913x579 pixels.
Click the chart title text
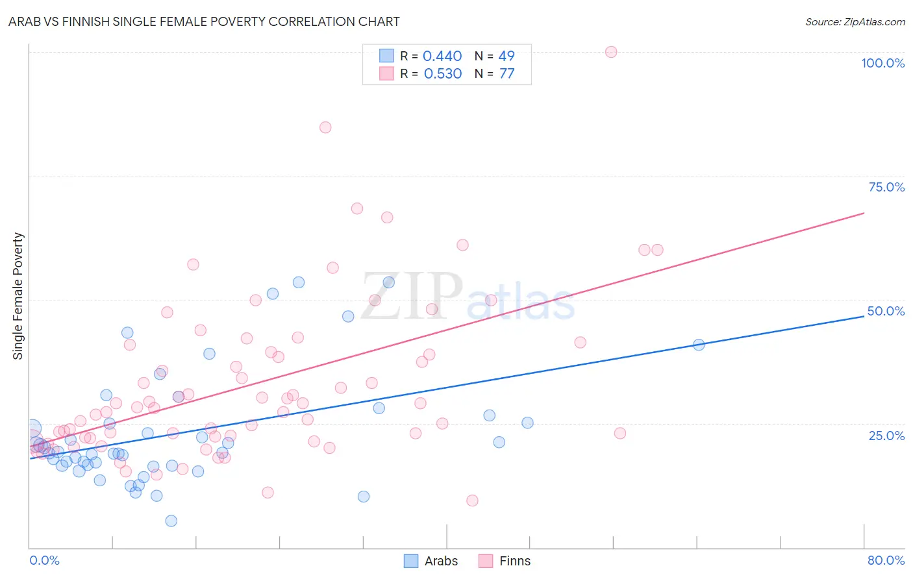[x=204, y=21]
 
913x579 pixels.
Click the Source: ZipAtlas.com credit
[x=855, y=21]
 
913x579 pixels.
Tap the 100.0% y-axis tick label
[x=882, y=63]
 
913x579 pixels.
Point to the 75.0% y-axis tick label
[x=886, y=187]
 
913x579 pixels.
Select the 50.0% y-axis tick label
[x=886, y=311]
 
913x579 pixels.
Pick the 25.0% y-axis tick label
[x=886, y=435]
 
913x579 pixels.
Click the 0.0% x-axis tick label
[x=44, y=560]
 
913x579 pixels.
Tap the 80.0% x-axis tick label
[x=886, y=560]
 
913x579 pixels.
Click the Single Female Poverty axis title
[x=18, y=296]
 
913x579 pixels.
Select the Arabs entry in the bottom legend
[x=441, y=561]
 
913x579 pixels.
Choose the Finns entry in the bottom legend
[x=515, y=561]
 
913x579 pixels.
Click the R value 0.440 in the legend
[x=442, y=56]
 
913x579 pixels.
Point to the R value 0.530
[x=443, y=74]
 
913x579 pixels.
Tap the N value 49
[x=507, y=56]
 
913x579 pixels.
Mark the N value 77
[x=507, y=74]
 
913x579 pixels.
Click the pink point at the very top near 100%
[x=611, y=52]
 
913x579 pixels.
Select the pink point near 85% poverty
[x=325, y=127]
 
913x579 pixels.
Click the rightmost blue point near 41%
[x=699, y=345]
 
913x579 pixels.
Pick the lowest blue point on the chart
[x=171, y=521]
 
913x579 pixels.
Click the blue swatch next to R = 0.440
[x=386, y=56]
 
